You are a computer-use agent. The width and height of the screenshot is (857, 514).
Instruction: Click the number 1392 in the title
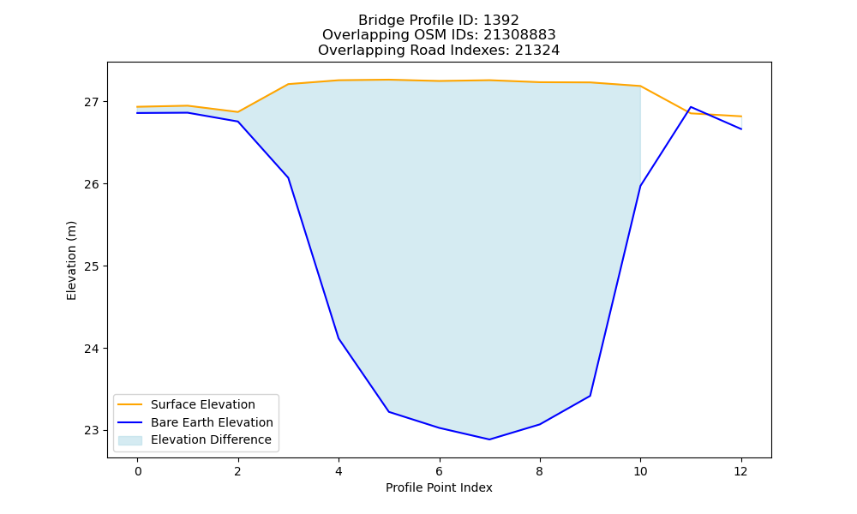tap(500, 21)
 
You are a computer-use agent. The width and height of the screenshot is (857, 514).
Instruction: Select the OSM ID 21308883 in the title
tap(519, 35)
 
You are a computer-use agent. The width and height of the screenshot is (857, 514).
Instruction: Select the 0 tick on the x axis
tap(138, 471)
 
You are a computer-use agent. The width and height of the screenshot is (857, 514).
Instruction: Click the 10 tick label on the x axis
tap(640, 471)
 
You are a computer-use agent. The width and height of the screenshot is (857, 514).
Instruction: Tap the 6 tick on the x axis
tap(440, 471)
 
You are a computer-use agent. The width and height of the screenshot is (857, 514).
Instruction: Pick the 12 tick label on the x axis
tap(740, 471)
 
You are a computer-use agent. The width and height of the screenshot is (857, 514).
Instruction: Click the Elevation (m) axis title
tap(72, 260)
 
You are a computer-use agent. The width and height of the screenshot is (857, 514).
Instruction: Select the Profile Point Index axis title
tap(439, 487)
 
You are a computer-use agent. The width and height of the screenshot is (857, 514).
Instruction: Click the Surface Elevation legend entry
tap(203, 404)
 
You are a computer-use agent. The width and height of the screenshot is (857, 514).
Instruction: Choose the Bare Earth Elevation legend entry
tap(212, 422)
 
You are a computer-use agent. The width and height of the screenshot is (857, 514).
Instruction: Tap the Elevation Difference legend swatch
tap(130, 440)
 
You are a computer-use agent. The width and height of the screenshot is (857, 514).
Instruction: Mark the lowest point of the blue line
tap(489, 439)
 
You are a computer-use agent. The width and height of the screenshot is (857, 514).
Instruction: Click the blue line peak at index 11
tap(691, 107)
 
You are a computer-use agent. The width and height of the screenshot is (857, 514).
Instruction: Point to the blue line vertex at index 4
tap(339, 338)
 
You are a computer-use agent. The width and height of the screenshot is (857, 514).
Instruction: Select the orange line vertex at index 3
tap(288, 84)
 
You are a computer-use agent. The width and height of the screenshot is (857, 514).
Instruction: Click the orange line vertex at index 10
tap(640, 86)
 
